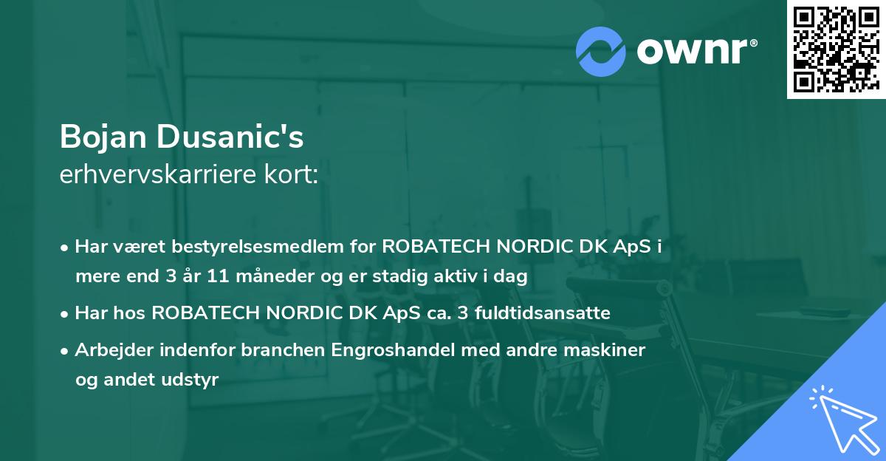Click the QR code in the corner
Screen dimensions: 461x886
[836, 49]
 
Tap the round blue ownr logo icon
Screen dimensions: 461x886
[600, 51]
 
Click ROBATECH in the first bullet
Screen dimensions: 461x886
[437, 247]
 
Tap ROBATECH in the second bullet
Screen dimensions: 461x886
[207, 313]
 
